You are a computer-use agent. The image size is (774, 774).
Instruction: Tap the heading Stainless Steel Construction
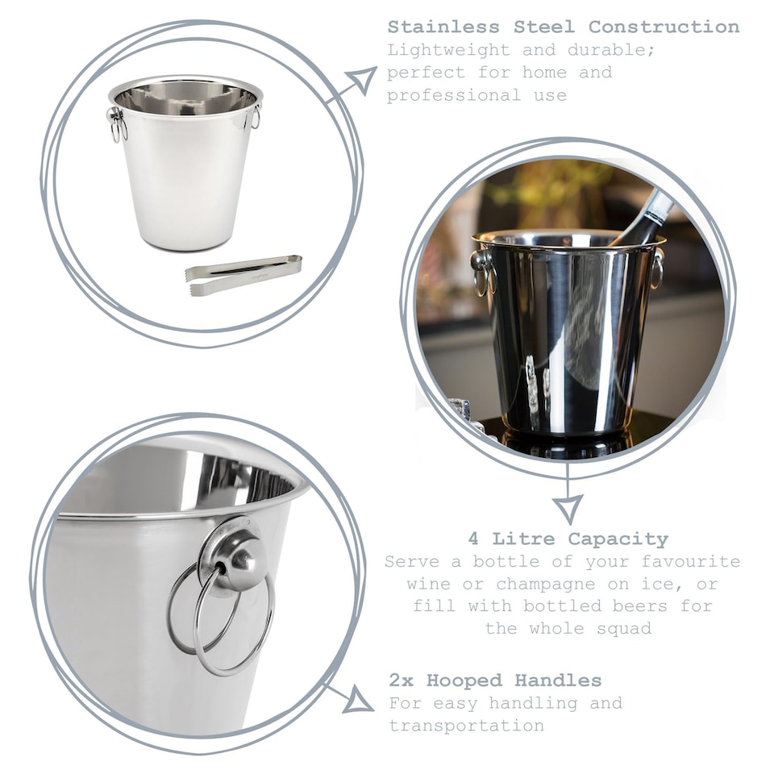pyautogui.click(x=563, y=27)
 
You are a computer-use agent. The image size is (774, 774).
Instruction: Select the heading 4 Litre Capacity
pyautogui.click(x=568, y=539)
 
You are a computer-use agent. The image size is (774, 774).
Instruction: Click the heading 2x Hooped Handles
pyautogui.click(x=495, y=680)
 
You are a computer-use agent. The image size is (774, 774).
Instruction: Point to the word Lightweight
pyautogui.click(x=448, y=50)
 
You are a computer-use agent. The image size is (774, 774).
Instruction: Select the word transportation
pyautogui.click(x=466, y=726)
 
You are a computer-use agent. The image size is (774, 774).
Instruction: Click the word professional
pyautogui.click(x=453, y=95)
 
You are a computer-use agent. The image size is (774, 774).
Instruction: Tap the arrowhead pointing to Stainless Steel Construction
pyautogui.click(x=362, y=80)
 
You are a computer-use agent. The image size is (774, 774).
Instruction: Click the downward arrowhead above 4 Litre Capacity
pyautogui.click(x=567, y=508)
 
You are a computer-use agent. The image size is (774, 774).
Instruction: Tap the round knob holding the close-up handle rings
pyautogui.click(x=239, y=558)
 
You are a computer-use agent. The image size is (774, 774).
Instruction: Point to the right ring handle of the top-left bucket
pyautogui.click(x=256, y=118)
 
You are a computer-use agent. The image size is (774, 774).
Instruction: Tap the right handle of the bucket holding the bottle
pyautogui.click(x=657, y=268)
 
